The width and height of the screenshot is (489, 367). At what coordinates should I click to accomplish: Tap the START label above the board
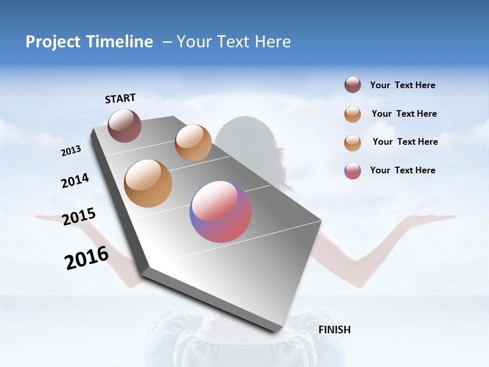pyautogui.click(x=120, y=98)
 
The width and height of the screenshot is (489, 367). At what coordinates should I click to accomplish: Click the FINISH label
pyautogui.click(x=334, y=330)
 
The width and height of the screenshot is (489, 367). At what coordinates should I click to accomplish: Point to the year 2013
pyautogui.click(x=71, y=151)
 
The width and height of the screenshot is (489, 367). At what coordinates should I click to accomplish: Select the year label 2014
pyautogui.click(x=75, y=181)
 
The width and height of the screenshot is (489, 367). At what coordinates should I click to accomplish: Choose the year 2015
pyautogui.click(x=79, y=216)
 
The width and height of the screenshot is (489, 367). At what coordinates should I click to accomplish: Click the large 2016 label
pyautogui.click(x=87, y=258)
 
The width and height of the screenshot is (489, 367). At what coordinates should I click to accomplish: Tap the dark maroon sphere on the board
pyautogui.click(x=124, y=125)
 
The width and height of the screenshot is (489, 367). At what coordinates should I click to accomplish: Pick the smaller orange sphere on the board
pyautogui.click(x=193, y=143)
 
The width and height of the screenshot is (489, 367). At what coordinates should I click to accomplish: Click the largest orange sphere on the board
pyautogui.click(x=148, y=183)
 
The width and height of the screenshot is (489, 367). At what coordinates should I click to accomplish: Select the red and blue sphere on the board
pyautogui.click(x=221, y=212)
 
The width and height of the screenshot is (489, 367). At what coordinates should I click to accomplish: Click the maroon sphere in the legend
pyautogui.click(x=352, y=85)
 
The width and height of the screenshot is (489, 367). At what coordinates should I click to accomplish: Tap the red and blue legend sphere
pyautogui.click(x=352, y=171)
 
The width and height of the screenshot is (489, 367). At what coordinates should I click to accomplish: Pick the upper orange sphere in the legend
pyautogui.click(x=352, y=114)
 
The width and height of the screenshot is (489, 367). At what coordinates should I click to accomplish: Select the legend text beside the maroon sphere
pyautogui.click(x=402, y=86)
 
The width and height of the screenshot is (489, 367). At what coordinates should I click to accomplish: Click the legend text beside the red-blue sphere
pyautogui.click(x=402, y=170)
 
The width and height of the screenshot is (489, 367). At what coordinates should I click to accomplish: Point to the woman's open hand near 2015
pyautogui.click(x=51, y=218)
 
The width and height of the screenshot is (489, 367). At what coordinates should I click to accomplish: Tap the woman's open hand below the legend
pyautogui.click(x=428, y=219)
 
